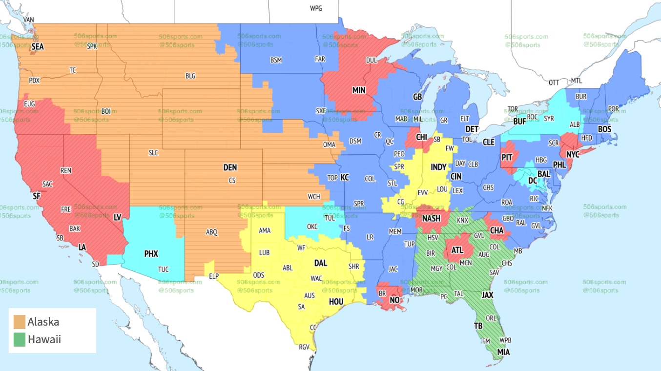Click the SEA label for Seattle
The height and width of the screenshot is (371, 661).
point(37,47)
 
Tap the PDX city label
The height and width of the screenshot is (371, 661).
point(34,81)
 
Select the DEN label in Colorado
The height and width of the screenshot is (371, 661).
point(230,167)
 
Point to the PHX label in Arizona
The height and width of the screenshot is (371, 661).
point(151,254)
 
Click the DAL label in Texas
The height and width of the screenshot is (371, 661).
point(320,263)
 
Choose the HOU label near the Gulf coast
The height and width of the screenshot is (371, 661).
point(336,302)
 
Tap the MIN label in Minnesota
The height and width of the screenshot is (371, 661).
point(359,90)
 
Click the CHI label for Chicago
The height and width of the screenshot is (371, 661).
point(421,138)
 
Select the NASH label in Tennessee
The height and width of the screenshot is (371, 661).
point(431,219)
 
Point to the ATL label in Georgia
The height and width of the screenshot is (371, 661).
point(457,250)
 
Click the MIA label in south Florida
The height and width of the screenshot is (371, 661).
point(503,351)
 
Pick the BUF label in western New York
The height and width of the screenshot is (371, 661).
point(519,122)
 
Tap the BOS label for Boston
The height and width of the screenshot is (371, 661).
point(604,129)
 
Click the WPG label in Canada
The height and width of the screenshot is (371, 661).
point(316,9)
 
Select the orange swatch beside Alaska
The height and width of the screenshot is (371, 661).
point(20,322)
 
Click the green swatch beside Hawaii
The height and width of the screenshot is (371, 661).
point(20,339)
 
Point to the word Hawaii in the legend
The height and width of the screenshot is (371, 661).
point(44,339)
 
